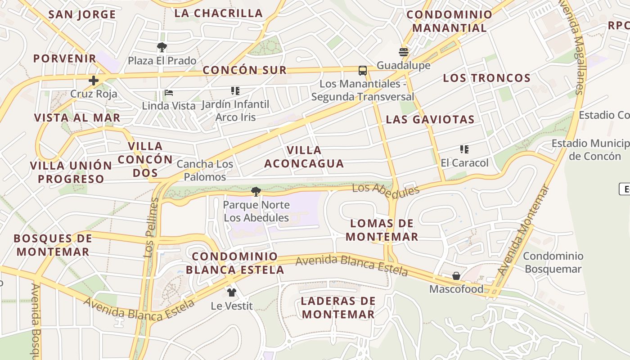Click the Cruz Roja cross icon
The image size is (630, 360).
[x=94, y=81]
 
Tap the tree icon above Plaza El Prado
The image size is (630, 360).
[x=162, y=47]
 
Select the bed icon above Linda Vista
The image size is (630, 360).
[x=169, y=93]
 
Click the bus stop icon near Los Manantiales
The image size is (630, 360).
[x=363, y=71]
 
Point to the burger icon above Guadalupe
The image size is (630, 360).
[x=404, y=52]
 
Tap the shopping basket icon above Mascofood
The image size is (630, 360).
[x=456, y=276]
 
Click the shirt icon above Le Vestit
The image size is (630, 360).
[x=232, y=292]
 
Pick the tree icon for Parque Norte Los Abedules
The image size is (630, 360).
[x=256, y=192]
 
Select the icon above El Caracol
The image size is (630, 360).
[x=464, y=149]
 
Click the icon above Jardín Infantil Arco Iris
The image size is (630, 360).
[x=235, y=91]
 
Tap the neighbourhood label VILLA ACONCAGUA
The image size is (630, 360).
[x=304, y=157]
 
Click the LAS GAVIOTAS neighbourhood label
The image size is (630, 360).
[x=430, y=119]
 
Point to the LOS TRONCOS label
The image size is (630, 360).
[x=487, y=78]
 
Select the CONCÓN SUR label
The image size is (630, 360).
[x=244, y=70]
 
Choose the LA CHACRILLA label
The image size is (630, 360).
[x=218, y=13]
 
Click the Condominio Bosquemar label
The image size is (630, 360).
[x=553, y=262]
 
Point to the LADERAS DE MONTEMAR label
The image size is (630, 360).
[x=338, y=307]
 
